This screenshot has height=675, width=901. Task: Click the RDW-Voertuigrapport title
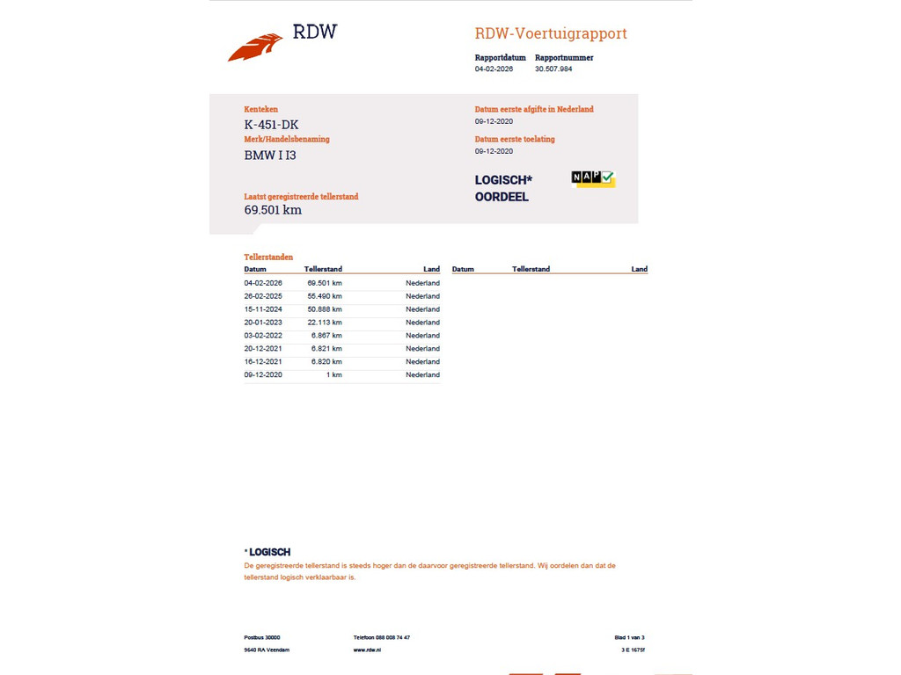(551, 34)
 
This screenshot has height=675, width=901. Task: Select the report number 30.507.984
(553, 69)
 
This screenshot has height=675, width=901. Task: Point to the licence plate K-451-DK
(271, 125)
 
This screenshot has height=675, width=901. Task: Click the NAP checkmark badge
(592, 178)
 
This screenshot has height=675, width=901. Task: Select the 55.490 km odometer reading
(325, 296)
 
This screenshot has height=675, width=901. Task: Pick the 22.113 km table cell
(325, 323)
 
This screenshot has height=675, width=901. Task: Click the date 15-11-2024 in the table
(263, 309)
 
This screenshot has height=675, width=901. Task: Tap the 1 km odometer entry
(333, 375)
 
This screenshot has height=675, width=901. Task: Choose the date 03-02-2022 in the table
(263, 336)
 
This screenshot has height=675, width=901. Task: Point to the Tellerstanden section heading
(268, 258)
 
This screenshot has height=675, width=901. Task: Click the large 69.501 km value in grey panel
(273, 210)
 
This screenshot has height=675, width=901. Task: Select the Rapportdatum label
(500, 58)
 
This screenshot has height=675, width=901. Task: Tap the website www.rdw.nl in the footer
(367, 650)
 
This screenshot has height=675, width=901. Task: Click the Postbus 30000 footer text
(262, 637)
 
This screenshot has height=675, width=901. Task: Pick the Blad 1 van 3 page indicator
(630, 637)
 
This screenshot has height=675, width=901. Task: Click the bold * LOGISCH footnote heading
(267, 552)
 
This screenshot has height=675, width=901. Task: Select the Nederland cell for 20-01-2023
(422, 323)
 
